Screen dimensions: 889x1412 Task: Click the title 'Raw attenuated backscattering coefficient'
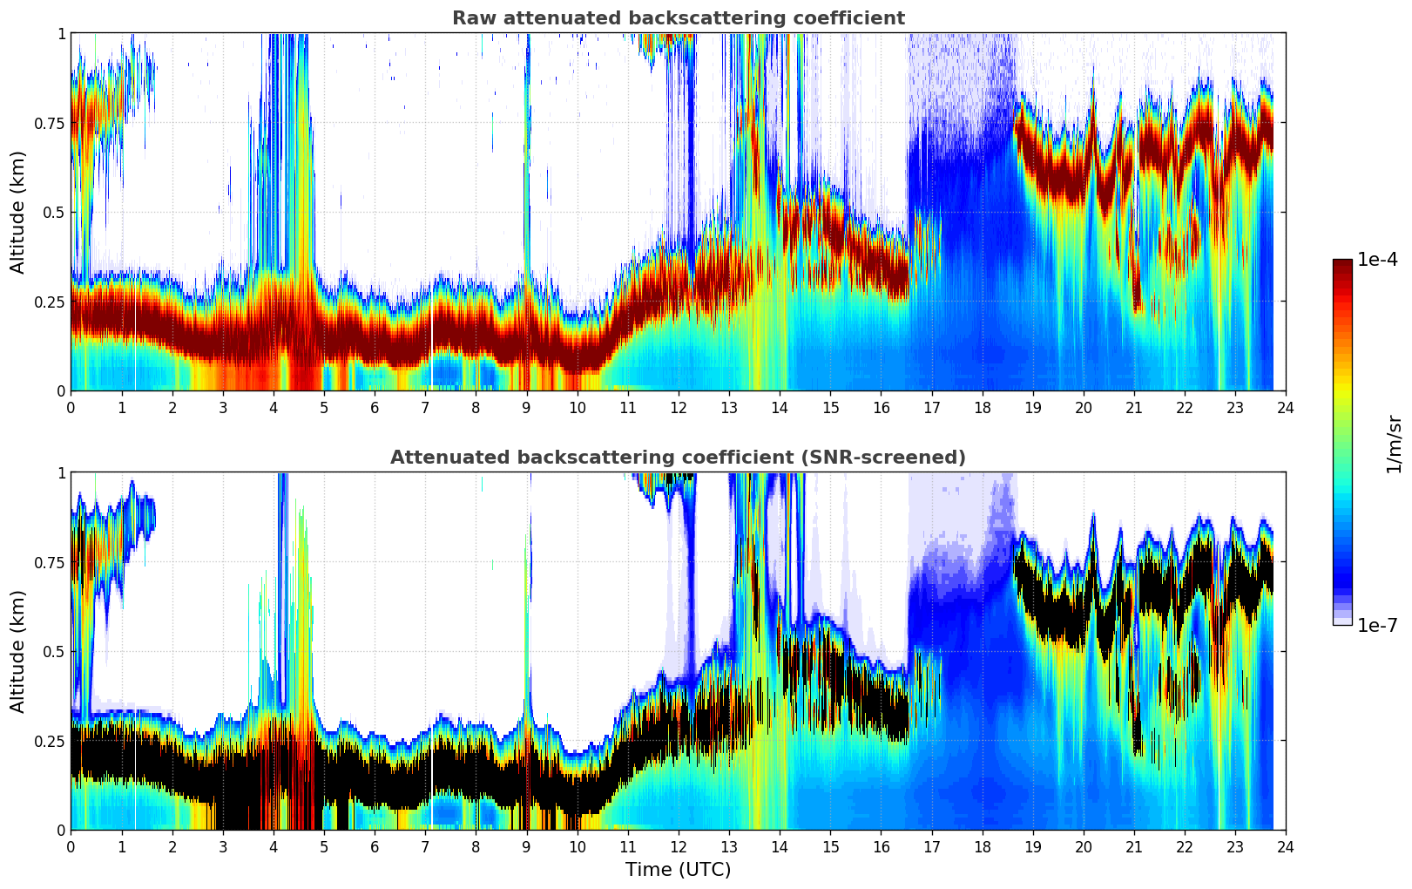point(678,18)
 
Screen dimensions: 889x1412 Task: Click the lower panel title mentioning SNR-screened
point(678,458)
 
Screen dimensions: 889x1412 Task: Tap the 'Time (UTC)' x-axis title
point(678,870)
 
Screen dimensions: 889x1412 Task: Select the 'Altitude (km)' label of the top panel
point(18,212)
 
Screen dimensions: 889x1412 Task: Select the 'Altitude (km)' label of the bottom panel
point(18,651)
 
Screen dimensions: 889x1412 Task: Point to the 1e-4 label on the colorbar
point(1377,260)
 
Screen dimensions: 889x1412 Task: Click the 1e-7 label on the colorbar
point(1377,625)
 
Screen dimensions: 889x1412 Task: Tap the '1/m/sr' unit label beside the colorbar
point(1394,444)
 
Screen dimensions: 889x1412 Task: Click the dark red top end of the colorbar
point(1342,263)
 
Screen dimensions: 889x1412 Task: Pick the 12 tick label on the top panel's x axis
point(678,407)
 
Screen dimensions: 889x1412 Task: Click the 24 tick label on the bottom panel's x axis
point(1285,846)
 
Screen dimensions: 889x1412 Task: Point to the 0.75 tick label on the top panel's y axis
point(49,123)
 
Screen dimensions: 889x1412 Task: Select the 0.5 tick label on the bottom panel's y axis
point(54,651)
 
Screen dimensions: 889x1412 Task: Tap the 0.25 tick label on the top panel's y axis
point(49,302)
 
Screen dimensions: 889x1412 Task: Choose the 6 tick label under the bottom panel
point(375,846)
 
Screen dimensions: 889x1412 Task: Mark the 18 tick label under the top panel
point(982,407)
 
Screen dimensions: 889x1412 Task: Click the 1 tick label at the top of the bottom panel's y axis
point(61,473)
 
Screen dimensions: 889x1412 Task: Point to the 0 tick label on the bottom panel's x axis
point(71,846)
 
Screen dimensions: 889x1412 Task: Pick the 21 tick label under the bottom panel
point(1133,846)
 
